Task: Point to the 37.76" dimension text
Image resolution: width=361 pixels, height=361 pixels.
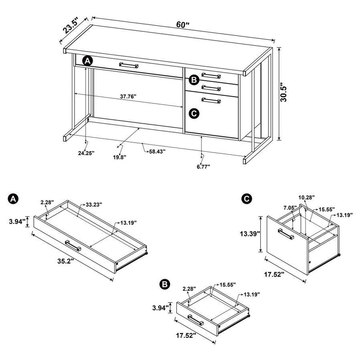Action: tap(128, 97)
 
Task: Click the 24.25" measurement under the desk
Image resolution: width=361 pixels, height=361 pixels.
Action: tap(86, 153)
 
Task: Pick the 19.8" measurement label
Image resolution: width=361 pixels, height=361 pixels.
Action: tap(120, 157)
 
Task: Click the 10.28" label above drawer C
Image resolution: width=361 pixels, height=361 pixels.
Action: tap(306, 197)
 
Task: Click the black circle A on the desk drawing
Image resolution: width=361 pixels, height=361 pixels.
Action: tap(88, 60)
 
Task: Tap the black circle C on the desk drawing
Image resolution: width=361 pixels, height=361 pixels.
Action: tap(194, 113)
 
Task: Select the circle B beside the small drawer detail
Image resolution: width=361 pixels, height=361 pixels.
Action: tap(165, 284)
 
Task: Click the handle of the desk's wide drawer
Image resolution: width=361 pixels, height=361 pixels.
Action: tap(129, 65)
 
